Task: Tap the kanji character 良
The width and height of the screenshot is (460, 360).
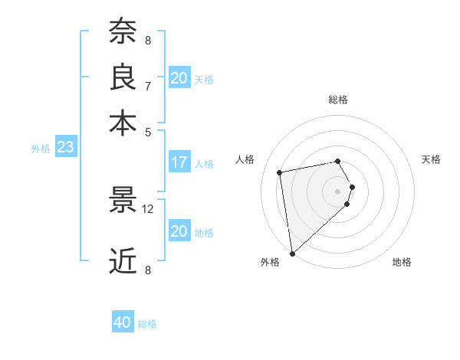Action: pyautogui.click(x=123, y=77)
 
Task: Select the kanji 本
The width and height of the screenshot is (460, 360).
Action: pyautogui.click(x=123, y=123)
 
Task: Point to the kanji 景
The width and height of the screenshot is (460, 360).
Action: pyautogui.click(x=123, y=201)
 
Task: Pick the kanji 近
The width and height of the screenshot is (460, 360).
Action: pyautogui.click(x=123, y=261)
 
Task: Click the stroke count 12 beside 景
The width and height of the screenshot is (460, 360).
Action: pyautogui.click(x=148, y=208)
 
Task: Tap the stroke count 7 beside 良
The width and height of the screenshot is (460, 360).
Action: pyautogui.click(x=148, y=85)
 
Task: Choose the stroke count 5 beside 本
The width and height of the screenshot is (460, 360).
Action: pyautogui.click(x=148, y=131)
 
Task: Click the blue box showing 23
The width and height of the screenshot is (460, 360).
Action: pyautogui.click(x=65, y=147)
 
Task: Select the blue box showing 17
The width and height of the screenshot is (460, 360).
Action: pyautogui.click(x=179, y=162)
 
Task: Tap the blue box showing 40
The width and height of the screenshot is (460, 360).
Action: pyautogui.click(x=123, y=322)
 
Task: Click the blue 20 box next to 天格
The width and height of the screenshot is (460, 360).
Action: pyautogui.click(x=179, y=77)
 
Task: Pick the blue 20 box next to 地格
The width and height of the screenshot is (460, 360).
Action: pyautogui.click(x=179, y=231)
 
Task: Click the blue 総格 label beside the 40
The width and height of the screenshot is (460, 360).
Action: pyautogui.click(x=147, y=324)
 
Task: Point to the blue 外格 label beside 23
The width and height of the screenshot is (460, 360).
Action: pyautogui.click(x=40, y=149)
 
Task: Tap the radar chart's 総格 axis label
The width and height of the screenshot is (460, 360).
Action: pyautogui.click(x=337, y=100)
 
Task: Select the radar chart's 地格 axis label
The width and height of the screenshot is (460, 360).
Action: pyautogui.click(x=402, y=263)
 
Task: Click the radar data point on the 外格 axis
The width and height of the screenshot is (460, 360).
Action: pyautogui.click(x=291, y=253)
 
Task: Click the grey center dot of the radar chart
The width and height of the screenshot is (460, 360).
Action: pyautogui.click(x=337, y=191)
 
